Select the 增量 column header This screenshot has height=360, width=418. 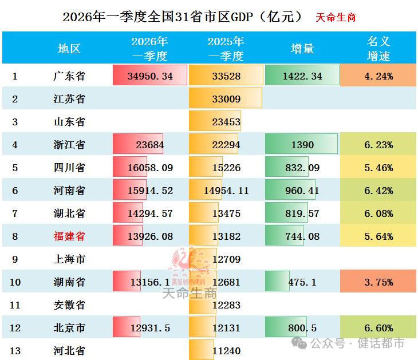[302, 49]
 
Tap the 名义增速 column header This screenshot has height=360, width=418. [378, 49]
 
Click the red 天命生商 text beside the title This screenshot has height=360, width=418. [336, 17]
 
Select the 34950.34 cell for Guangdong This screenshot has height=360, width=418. [150, 76]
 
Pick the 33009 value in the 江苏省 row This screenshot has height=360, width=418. [226, 99]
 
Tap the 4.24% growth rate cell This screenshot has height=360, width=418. [378, 76]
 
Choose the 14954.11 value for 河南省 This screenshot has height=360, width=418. [226, 191]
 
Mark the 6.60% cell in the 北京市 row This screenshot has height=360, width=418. [378, 328]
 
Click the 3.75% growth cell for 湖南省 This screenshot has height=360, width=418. [378, 282]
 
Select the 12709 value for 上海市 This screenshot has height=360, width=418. [226, 259]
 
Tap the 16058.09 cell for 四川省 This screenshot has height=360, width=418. [150, 168]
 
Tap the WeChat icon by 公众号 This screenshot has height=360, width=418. [298, 343]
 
